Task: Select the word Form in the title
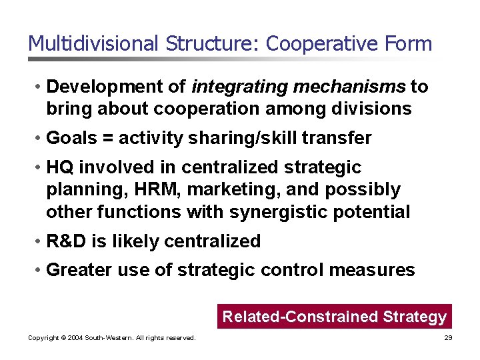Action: point(408,44)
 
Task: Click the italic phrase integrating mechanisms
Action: point(298,87)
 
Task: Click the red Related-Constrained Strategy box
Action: point(334,317)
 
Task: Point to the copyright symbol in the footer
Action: point(61,339)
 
